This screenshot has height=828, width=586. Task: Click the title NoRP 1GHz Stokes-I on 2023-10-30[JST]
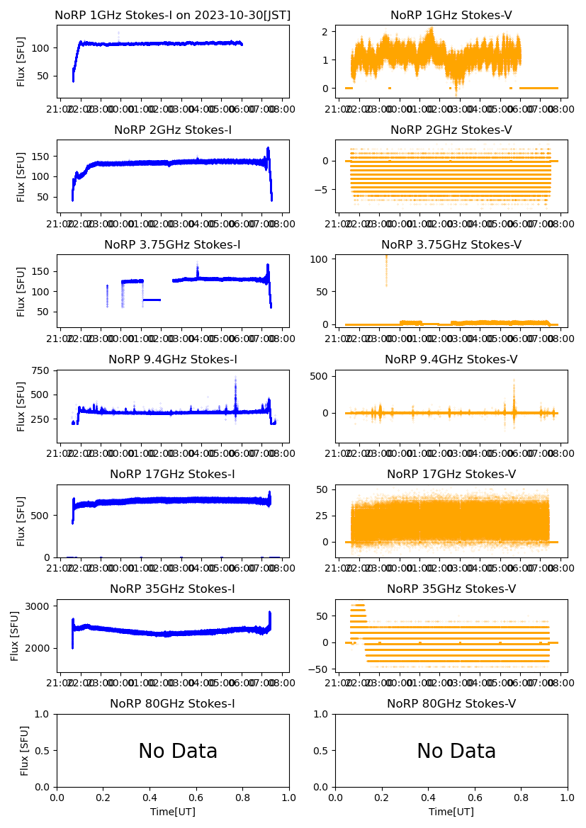click(x=172, y=15)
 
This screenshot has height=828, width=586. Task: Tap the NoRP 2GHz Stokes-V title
click(x=451, y=130)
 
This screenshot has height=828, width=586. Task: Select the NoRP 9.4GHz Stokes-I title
click(x=172, y=359)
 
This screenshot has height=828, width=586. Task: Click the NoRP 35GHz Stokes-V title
click(x=451, y=589)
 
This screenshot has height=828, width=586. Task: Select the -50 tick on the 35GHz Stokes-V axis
click(x=323, y=669)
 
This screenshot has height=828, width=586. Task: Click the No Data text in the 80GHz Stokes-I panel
click(x=178, y=752)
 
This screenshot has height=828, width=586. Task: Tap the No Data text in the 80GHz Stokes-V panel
click(x=456, y=752)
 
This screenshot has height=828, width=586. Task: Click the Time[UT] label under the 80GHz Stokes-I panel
click(x=173, y=812)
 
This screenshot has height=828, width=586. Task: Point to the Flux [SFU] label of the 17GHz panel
click(x=21, y=521)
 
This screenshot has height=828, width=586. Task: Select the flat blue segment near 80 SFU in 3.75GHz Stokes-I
click(x=152, y=300)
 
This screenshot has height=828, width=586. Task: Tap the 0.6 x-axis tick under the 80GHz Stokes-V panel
click(x=475, y=797)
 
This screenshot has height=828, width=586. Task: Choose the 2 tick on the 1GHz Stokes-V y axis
click(x=327, y=32)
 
